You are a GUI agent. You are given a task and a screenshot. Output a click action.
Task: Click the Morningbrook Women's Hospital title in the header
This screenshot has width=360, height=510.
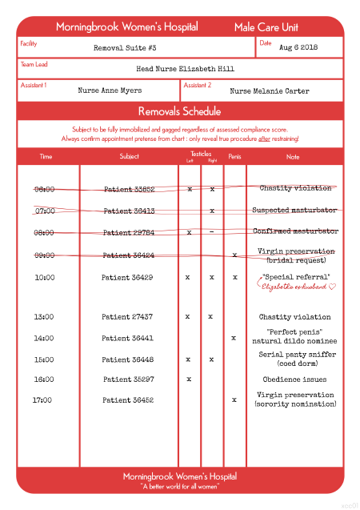127,27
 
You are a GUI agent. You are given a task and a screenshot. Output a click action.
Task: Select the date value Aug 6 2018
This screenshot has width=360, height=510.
298,47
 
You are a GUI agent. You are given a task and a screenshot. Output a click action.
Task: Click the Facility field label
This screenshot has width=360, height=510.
29,42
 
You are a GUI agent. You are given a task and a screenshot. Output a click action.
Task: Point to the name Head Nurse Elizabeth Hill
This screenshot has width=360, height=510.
185,69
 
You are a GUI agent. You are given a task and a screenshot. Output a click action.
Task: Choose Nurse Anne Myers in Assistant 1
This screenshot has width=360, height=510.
110,90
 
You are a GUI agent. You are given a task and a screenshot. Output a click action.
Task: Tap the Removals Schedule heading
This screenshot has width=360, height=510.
180,110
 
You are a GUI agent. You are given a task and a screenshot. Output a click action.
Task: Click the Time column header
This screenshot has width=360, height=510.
46,156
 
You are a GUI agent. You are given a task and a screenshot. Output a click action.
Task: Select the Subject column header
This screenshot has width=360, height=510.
129,156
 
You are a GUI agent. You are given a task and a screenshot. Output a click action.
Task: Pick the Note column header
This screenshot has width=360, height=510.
293,156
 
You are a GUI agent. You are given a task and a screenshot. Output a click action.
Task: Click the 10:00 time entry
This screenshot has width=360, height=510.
45,277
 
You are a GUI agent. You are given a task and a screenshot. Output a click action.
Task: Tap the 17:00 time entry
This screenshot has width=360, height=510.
43,399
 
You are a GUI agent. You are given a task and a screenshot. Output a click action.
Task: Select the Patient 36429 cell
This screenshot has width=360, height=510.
127,277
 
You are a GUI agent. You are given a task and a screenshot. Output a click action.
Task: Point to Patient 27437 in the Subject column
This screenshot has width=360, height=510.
127,316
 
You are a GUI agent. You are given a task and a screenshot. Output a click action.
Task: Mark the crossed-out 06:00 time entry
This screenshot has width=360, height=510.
45,190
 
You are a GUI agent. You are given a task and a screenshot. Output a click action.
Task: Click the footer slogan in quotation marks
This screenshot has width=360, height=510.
180,486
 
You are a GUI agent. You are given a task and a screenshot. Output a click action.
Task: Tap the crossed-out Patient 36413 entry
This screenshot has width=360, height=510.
129,211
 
